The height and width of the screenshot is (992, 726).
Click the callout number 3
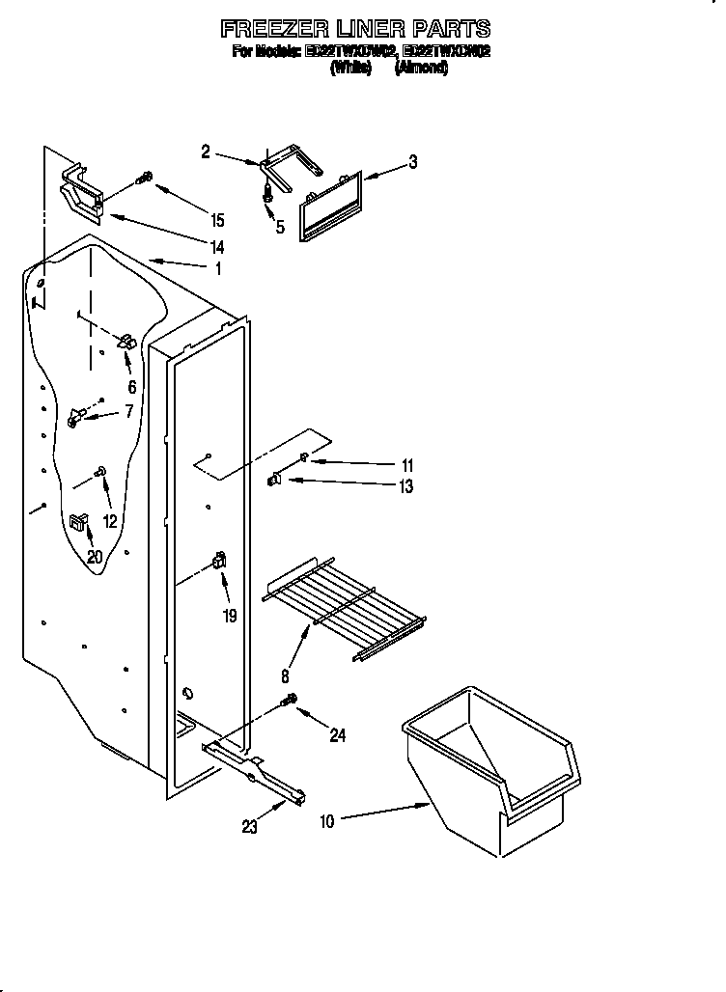(413, 162)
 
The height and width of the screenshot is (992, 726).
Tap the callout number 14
(217, 247)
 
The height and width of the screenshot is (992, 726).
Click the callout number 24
(337, 735)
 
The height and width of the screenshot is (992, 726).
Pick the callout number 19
(230, 615)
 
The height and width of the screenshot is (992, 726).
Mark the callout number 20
(94, 556)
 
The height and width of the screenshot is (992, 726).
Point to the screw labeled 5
(268, 193)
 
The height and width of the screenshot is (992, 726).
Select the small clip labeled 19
(219, 560)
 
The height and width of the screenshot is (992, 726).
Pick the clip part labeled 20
(76, 523)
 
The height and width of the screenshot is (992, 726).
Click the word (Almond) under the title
(421, 69)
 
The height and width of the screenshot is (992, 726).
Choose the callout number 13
(406, 487)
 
